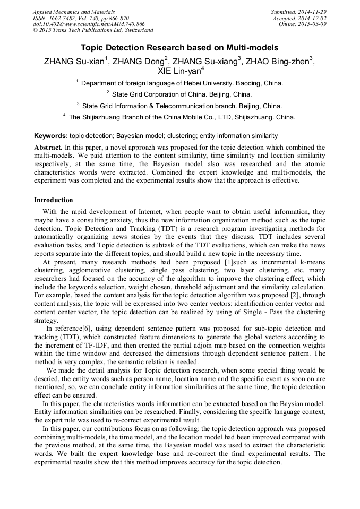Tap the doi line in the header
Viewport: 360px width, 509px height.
(x=89, y=24)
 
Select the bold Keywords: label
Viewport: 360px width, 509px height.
(x=50, y=136)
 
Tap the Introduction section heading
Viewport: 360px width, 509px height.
(x=54, y=200)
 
